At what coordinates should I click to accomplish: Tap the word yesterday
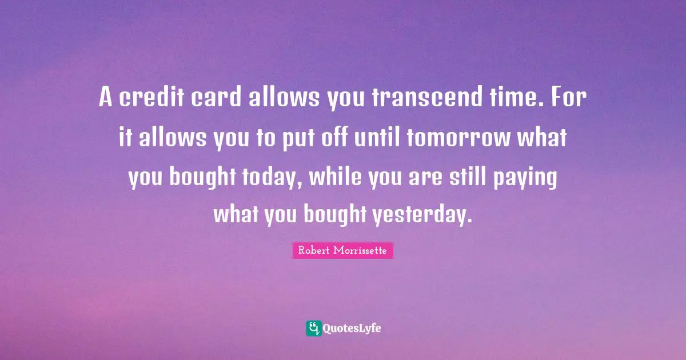click(x=423, y=215)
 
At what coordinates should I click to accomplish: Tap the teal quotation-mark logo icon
click(x=313, y=328)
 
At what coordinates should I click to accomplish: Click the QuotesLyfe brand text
click(x=352, y=328)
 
